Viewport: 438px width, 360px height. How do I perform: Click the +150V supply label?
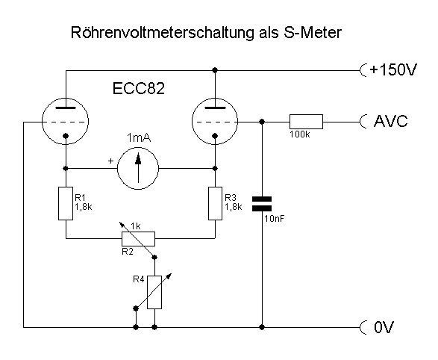pyautogui.click(x=393, y=70)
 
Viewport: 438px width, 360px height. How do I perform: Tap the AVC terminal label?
pyautogui.click(x=390, y=121)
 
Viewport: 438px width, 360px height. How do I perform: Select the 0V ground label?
pyautogui.click(x=384, y=327)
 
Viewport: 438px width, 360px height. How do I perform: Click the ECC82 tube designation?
pyautogui.click(x=139, y=89)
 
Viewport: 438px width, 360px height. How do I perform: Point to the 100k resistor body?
pyautogui.click(x=306, y=122)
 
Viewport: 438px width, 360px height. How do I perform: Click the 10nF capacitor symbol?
pyautogui.click(x=262, y=204)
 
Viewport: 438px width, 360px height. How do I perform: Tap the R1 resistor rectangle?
pyautogui.click(x=66, y=203)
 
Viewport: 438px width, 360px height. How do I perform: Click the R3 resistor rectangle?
pyautogui.click(x=215, y=203)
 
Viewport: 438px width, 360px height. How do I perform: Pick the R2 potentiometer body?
pyautogui.click(x=138, y=239)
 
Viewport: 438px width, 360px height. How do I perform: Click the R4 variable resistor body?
pyautogui.click(x=154, y=292)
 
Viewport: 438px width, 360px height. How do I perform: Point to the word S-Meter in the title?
pyautogui.click(x=313, y=32)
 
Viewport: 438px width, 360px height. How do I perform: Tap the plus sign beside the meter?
pyautogui.click(x=111, y=161)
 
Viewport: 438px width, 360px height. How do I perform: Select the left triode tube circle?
pyautogui.click(x=42, y=121)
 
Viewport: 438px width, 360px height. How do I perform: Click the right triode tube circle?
pyautogui.click(x=192, y=121)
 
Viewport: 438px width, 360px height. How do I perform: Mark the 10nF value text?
pyautogui.click(x=274, y=219)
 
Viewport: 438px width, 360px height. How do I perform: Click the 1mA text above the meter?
pyautogui.click(x=139, y=138)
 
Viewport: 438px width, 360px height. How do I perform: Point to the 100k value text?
pyautogui.click(x=300, y=134)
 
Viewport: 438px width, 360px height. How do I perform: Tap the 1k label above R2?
pyautogui.click(x=136, y=226)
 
